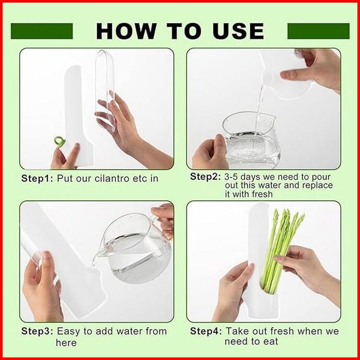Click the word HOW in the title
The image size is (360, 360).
126,31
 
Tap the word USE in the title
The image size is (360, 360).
238,31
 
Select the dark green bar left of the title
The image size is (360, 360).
42,31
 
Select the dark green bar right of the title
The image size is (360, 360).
318,31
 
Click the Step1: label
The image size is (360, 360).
37,178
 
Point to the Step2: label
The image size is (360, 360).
205,177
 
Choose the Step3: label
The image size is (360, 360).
37,331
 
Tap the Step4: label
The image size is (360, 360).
206,331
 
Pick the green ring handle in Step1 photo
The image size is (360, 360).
60,140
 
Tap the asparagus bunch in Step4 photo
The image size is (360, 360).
282,250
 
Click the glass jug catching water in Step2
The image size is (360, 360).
251,141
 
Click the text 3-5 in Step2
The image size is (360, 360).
231,177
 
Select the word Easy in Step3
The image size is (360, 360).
69,332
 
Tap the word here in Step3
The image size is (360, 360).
66,343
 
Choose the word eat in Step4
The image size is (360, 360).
271,341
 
